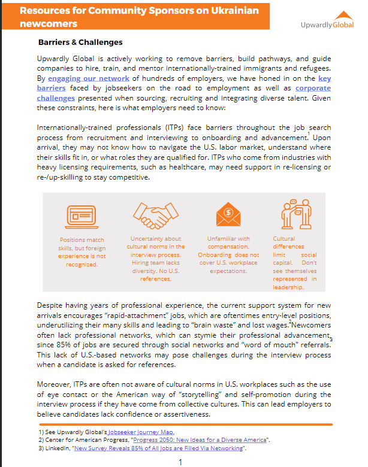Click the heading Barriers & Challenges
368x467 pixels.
pyautogui.click(x=80, y=43)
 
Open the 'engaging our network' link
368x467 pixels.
pyautogui.click(x=89, y=78)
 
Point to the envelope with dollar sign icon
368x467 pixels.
pyautogui.click(x=228, y=214)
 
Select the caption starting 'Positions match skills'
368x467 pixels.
pyautogui.click(x=82, y=251)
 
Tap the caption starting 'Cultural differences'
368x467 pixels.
pyautogui.click(x=294, y=262)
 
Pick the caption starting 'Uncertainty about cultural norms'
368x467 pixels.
pyautogui.click(x=156, y=258)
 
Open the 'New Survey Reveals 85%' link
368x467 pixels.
pyautogui.click(x=158, y=448)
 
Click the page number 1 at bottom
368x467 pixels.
pyautogui.click(x=180, y=462)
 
